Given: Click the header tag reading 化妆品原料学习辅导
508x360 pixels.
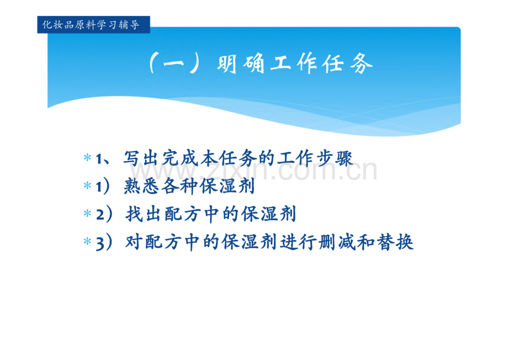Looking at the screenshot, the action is (94, 25).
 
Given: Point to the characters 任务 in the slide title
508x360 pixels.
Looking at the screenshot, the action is (347, 63).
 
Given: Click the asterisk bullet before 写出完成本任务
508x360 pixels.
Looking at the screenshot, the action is (87, 158).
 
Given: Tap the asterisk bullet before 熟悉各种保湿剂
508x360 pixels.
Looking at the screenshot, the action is (87, 186).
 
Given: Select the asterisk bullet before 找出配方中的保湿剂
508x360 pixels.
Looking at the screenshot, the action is (87, 214).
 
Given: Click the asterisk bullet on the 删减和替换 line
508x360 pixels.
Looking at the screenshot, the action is (87, 241).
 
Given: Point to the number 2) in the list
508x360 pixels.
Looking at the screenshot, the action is (104, 214).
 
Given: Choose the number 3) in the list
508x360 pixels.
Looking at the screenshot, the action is (104, 242).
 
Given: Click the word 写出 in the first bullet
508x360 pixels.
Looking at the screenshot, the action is (142, 158).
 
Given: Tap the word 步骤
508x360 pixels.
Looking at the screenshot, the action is (335, 158).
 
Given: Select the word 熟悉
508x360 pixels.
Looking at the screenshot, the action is (142, 186).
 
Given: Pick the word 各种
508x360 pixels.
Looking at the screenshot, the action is (180, 186).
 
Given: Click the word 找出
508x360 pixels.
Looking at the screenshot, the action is (145, 214).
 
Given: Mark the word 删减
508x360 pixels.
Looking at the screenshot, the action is (337, 242).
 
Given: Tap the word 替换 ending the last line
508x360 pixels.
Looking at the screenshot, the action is (395, 242).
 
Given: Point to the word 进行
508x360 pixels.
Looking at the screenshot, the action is (299, 242).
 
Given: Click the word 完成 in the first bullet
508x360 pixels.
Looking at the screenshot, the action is (181, 158).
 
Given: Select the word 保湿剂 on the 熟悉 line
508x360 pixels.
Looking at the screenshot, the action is (227, 186).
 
